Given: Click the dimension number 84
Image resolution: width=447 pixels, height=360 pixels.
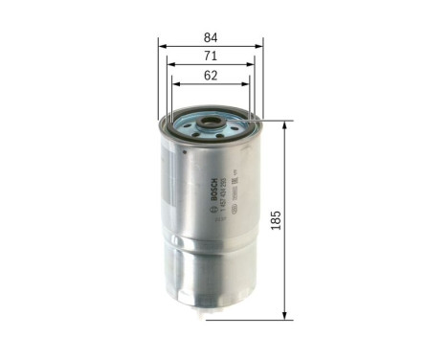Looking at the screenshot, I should click(x=211, y=37).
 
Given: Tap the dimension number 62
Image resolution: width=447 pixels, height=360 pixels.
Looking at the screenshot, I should click(x=211, y=77).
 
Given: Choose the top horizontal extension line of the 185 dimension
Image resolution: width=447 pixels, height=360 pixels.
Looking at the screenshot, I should click(x=273, y=121).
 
